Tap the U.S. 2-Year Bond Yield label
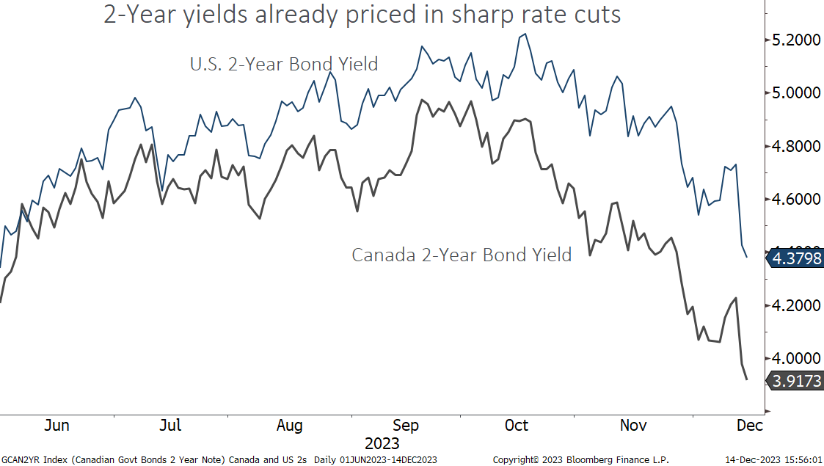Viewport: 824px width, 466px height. pyautogui.click(x=283, y=65)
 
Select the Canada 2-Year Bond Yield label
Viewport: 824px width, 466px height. pyautogui.click(x=461, y=255)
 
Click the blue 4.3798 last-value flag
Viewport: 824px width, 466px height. pyautogui.click(x=795, y=258)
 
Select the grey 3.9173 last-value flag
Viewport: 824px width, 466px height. pyautogui.click(x=795, y=380)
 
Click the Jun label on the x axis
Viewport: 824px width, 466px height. pyautogui.click(x=57, y=426)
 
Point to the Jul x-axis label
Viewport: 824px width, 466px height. pyautogui.click(x=171, y=426)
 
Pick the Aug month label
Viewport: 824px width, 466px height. pyautogui.click(x=290, y=426)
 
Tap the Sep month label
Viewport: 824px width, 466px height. pyautogui.click(x=406, y=426)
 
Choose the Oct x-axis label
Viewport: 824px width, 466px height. pyautogui.click(x=517, y=426)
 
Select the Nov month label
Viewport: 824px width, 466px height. pyautogui.click(x=633, y=426)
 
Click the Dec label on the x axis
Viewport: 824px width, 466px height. pyautogui.click(x=750, y=426)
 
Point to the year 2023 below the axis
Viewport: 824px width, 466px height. pyautogui.click(x=382, y=444)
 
